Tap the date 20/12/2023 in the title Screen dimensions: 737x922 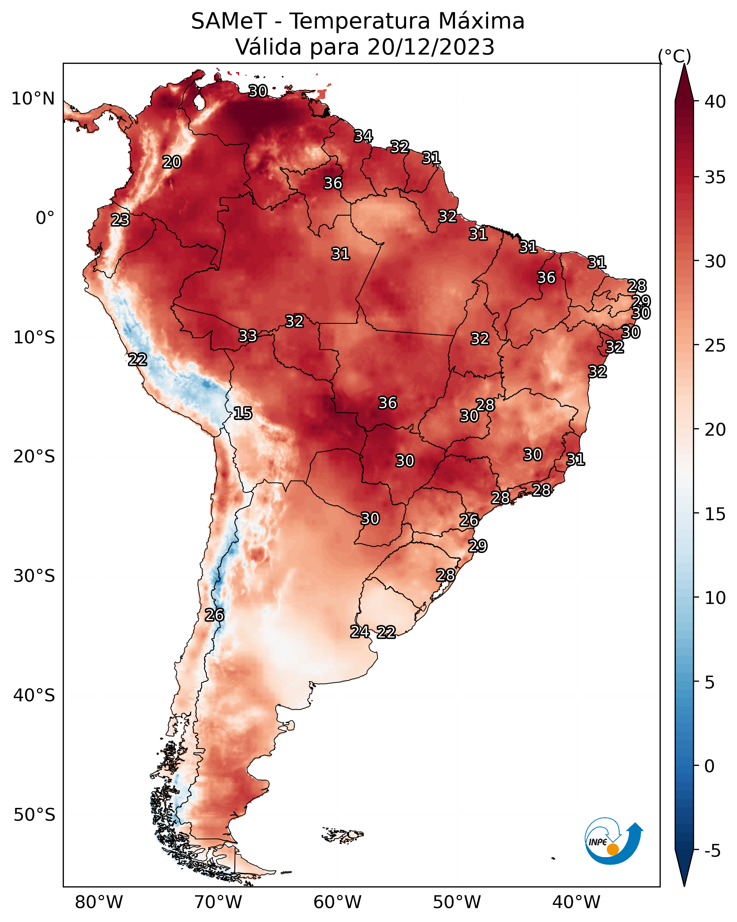[431, 47]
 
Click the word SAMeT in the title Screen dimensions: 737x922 [229, 21]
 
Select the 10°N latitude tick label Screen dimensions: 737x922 [33, 99]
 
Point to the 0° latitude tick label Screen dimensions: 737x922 [45, 218]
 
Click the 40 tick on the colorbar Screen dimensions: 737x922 [715, 102]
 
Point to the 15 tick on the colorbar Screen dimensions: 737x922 [715, 514]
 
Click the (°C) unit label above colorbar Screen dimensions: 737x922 [675, 56]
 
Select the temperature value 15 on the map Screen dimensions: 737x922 [242, 413]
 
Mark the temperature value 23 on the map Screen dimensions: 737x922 [120, 220]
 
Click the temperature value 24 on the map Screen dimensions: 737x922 [360, 632]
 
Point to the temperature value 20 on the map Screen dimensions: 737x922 [172, 162]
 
